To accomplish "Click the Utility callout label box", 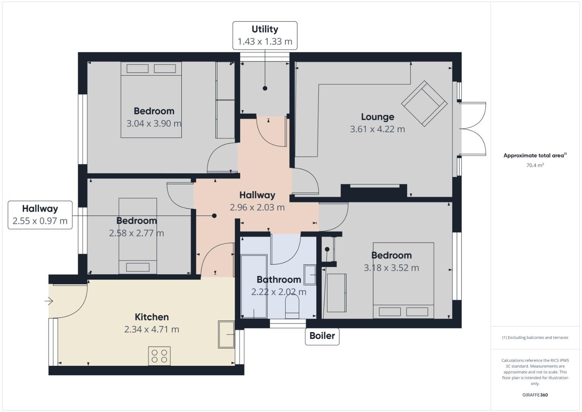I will (x=265, y=35).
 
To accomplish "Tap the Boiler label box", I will (x=322, y=336).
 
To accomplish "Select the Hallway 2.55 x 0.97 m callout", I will (x=40, y=215).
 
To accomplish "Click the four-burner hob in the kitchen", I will (x=159, y=356).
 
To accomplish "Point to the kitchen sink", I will (x=226, y=335).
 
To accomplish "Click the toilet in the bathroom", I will (x=292, y=307).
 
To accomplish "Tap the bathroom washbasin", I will (x=309, y=274).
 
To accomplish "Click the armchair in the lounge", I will (x=424, y=103).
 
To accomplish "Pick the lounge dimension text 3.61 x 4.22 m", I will (x=377, y=129).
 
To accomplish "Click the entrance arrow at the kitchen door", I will (x=49, y=301).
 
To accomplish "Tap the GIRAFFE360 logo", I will (x=535, y=395).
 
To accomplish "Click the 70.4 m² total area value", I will (x=535, y=166).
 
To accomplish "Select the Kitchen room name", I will (x=152, y=317).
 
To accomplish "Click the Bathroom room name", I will (x=279, y=280).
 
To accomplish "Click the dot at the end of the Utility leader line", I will (x=265, y=88).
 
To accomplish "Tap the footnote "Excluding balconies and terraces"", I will (x=535, y=338).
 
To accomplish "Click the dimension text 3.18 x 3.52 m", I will (x=391, y=268).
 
